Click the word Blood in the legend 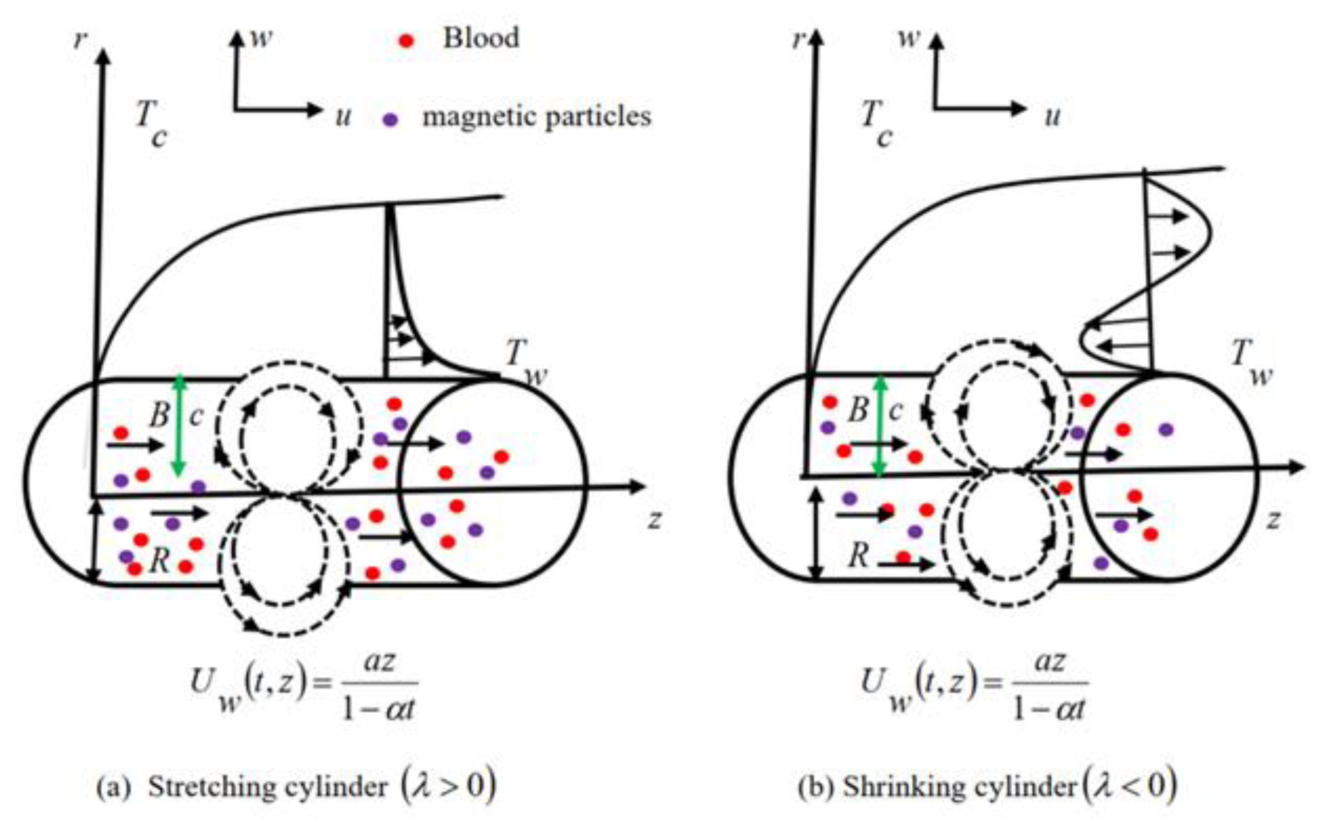click(481, 38)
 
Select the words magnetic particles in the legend click(536, 117)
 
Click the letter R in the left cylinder click(159, 561)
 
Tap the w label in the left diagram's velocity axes click(261, 38)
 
